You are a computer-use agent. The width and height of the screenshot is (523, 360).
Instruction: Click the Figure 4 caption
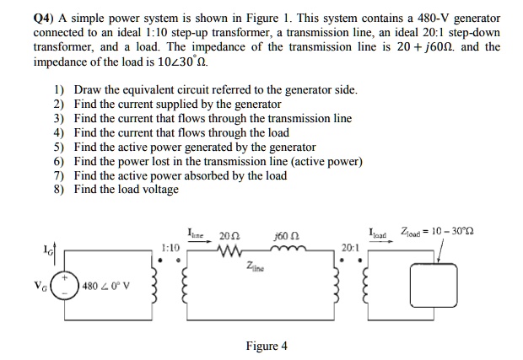267,346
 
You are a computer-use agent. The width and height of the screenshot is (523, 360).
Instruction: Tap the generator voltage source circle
66,286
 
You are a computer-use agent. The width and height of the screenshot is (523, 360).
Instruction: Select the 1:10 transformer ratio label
170,249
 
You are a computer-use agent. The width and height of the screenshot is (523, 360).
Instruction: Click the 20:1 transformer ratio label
351,248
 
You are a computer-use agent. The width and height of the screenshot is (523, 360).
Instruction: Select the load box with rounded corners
432,286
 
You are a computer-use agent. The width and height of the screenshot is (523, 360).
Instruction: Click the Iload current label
379,234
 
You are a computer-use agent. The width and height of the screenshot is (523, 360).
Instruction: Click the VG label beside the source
39,286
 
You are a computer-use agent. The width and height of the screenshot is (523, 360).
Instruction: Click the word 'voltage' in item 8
158,190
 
